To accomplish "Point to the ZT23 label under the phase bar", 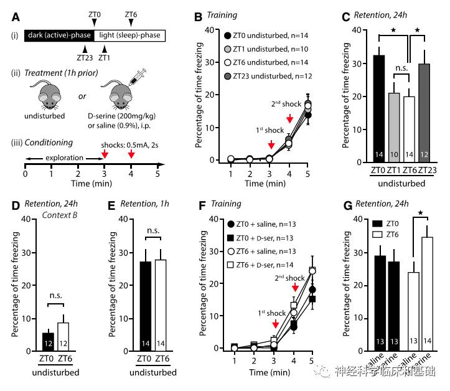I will coord(86,57).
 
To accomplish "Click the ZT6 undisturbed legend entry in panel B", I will coord(268,63).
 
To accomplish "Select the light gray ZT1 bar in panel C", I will coord(393,127).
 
